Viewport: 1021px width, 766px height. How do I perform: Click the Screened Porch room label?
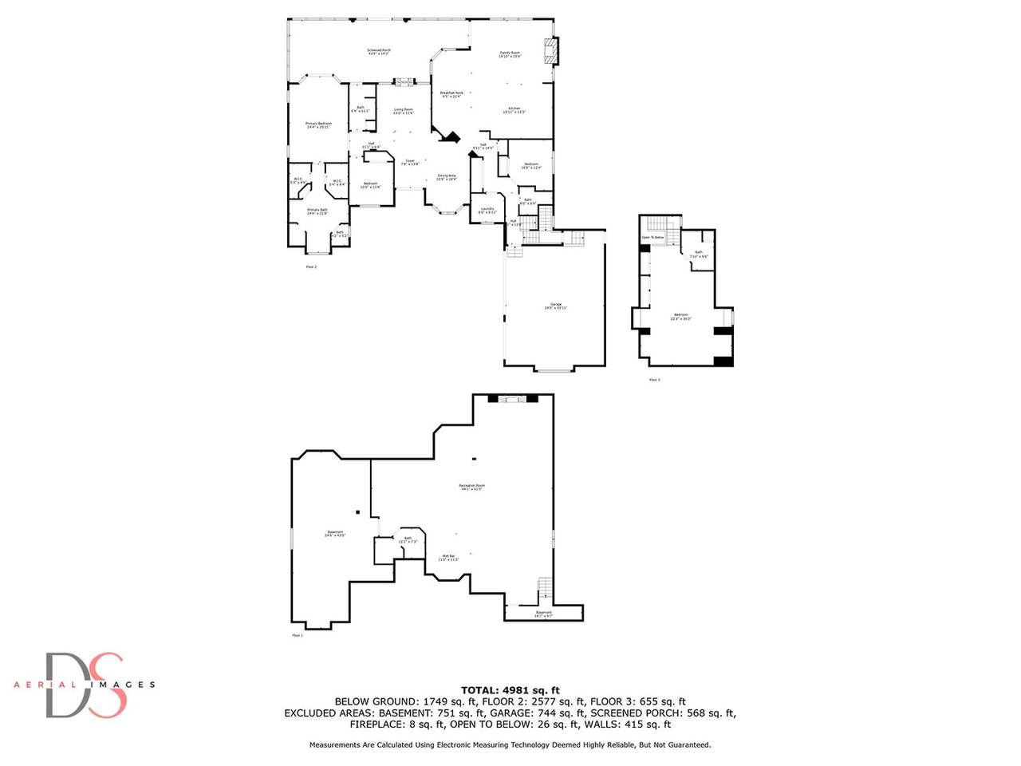pos(379,52)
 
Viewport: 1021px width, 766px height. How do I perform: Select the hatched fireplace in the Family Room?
pos(549,51)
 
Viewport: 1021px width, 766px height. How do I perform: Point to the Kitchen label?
pos(514,109)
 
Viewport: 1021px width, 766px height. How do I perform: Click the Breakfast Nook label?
pos(451,94)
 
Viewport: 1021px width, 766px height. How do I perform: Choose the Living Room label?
pos(403,111)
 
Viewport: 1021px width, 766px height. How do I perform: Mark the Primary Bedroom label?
pos(318,125)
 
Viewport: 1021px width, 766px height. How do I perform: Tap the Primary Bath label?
pos(317,211)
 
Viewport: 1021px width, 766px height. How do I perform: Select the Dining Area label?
pos(447,177)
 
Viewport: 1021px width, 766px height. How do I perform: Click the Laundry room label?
pos(487,211)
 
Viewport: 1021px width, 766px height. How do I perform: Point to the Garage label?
pos(555,306)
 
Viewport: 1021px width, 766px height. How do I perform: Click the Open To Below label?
pos(652,238)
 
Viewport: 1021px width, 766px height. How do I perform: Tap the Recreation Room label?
pos(471,487)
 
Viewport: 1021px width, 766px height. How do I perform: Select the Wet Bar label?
pos(448,557)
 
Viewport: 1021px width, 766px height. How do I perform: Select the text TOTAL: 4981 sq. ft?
pos(510,690)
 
